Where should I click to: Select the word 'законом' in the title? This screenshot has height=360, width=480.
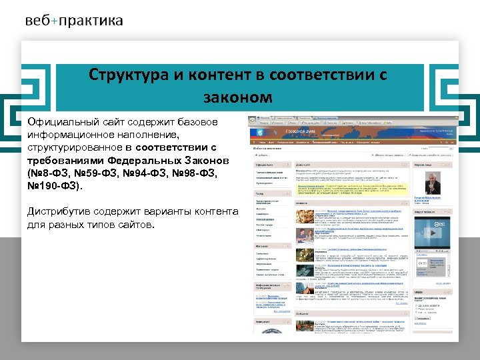(239, 97)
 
